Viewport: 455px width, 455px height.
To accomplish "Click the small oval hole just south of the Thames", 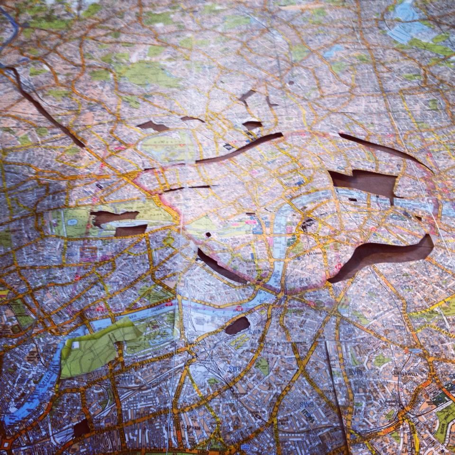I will click(x=237, y=325).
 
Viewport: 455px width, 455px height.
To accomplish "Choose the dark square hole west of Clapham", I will click(x=81, y=428).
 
